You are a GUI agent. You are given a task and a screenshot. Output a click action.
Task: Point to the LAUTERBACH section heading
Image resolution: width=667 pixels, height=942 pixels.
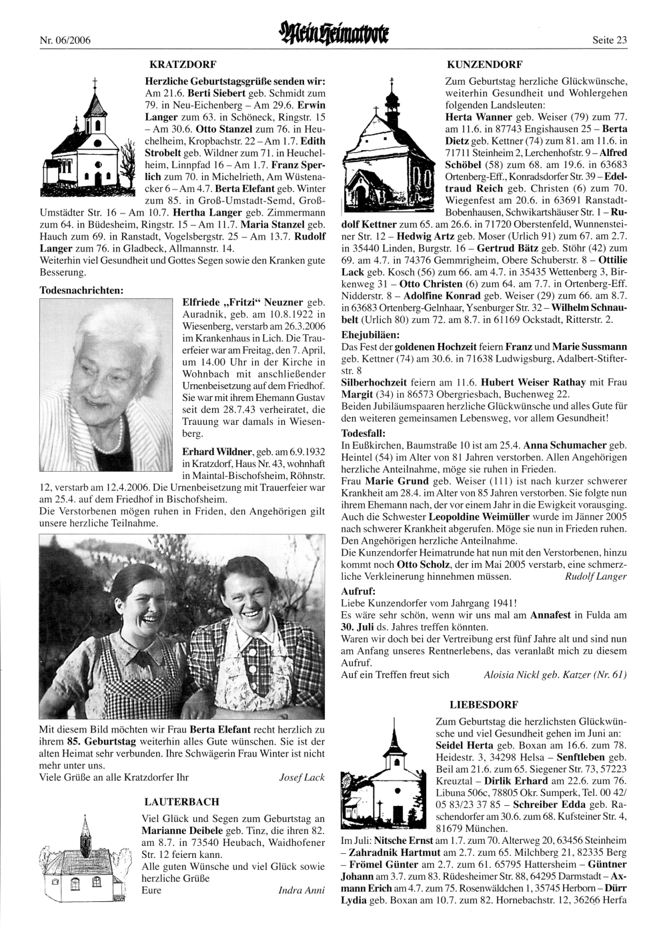point(181,801)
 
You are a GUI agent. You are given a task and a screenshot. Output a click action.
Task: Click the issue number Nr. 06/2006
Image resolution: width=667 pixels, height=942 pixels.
point(66,40)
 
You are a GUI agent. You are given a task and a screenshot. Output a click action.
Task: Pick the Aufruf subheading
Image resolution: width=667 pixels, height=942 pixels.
point(358,591)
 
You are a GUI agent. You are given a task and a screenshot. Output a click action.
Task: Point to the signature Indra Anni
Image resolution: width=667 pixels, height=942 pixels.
point(301,891)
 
